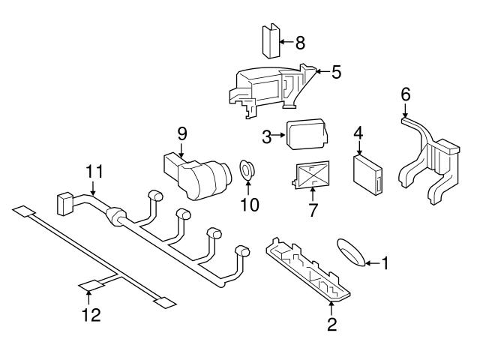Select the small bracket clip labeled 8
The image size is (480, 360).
coord(270,40)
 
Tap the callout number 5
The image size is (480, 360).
coord(336,72)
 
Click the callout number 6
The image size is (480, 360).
coord(406,94)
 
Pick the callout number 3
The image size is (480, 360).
coord(266,136)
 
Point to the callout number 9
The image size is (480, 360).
coord(181,133)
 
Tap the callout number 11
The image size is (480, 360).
coord(92,172)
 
